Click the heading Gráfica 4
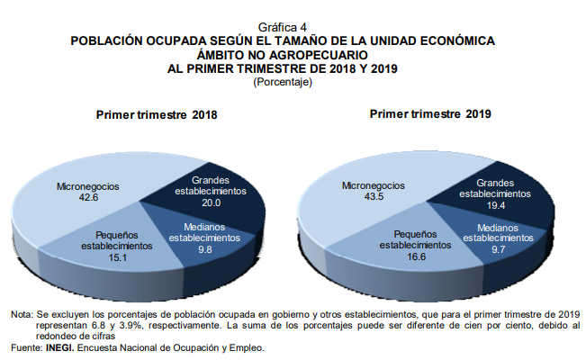[282, 28]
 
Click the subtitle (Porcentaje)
[283, 82]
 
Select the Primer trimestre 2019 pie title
[430, 114]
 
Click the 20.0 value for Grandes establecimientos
[212, 202]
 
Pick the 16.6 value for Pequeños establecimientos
[414, 256]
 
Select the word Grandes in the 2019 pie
[494, 182]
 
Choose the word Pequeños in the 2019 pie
[414, 232]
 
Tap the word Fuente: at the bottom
[26, 346]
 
